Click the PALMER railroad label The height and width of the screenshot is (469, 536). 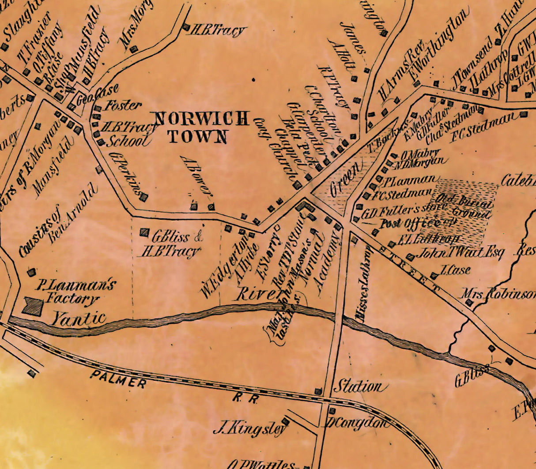(x=118, y=379)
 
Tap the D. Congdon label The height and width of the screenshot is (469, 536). (x=359, y=423)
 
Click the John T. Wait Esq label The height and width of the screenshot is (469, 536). (x=459, y=253)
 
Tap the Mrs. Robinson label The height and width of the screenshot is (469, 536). (x=498, y=294)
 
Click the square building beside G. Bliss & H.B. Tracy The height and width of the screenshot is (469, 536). (x=144, y=232)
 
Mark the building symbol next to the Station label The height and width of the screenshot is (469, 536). (x=318, y=391)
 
